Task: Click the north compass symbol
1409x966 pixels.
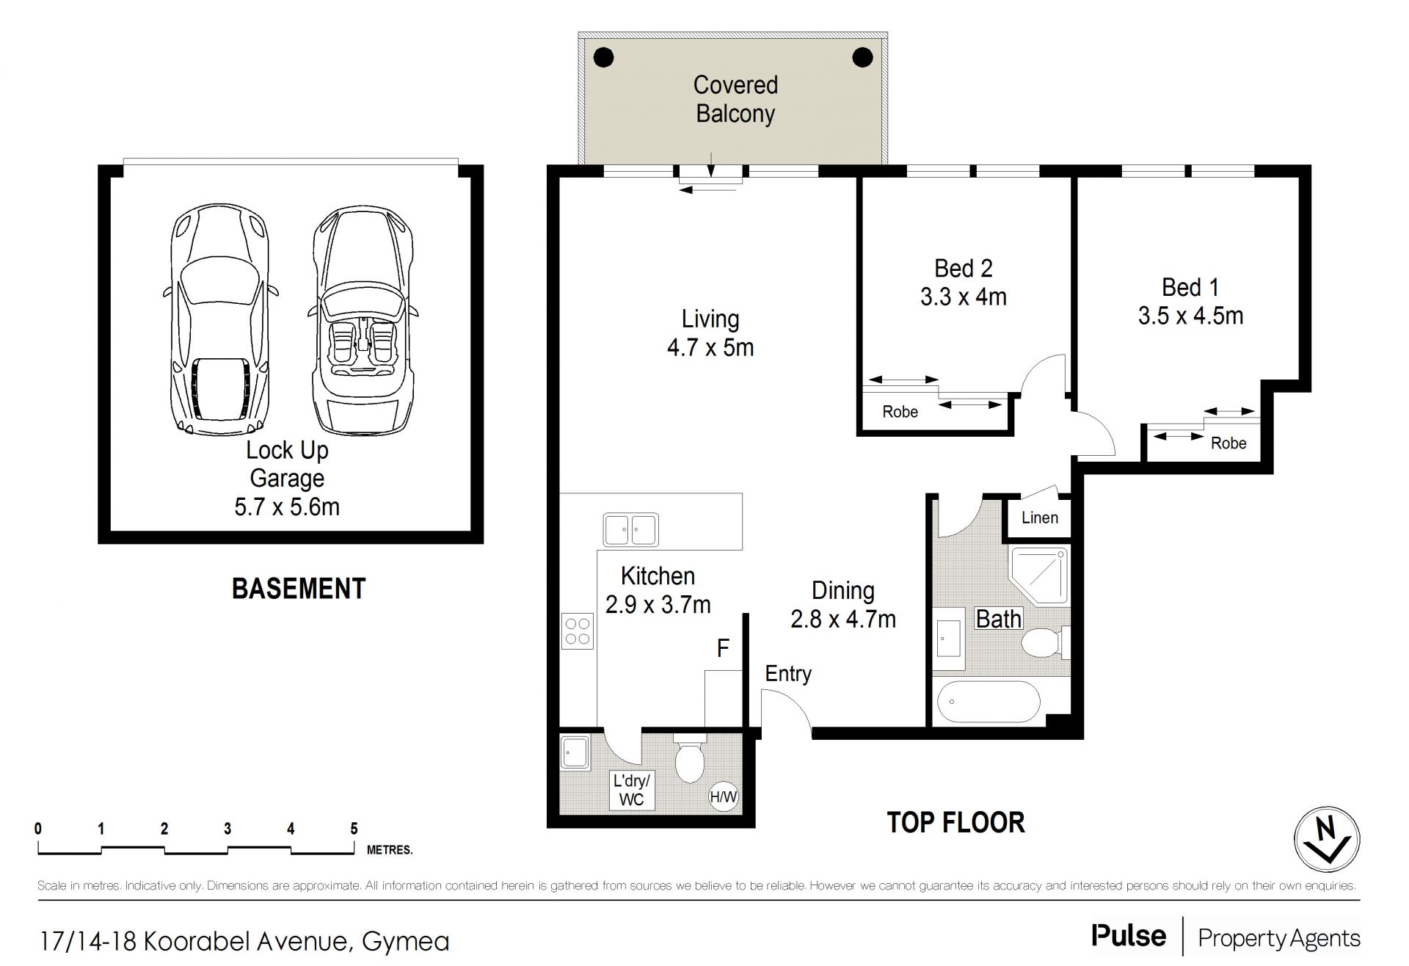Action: (x=1327, y=840)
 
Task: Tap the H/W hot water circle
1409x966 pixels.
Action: (x=724, y=796)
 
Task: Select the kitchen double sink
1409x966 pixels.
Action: (x=630, y=529)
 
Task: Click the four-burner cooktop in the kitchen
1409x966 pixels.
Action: (x=578, y=631)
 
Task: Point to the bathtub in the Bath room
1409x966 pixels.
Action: (x=989, y=702)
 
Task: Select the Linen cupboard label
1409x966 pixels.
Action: (x=1040, y=517)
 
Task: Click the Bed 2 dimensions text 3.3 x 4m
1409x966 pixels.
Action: (x=963, y=297)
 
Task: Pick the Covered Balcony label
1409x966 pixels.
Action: (x=735, y=99)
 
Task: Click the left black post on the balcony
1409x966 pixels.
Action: (x=603, y=57)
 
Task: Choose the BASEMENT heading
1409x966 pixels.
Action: (x=299, y=589)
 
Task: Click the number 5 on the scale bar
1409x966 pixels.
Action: (x=354, y=829)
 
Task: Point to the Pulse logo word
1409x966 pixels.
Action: (x=1129, y=936)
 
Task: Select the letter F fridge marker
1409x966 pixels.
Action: (x=723, y=648)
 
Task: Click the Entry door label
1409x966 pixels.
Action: (x=788, y=674)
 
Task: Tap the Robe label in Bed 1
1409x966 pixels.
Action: (x=1228, y=443)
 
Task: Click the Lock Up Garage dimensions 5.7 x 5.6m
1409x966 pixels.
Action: (x=287, y=506)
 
